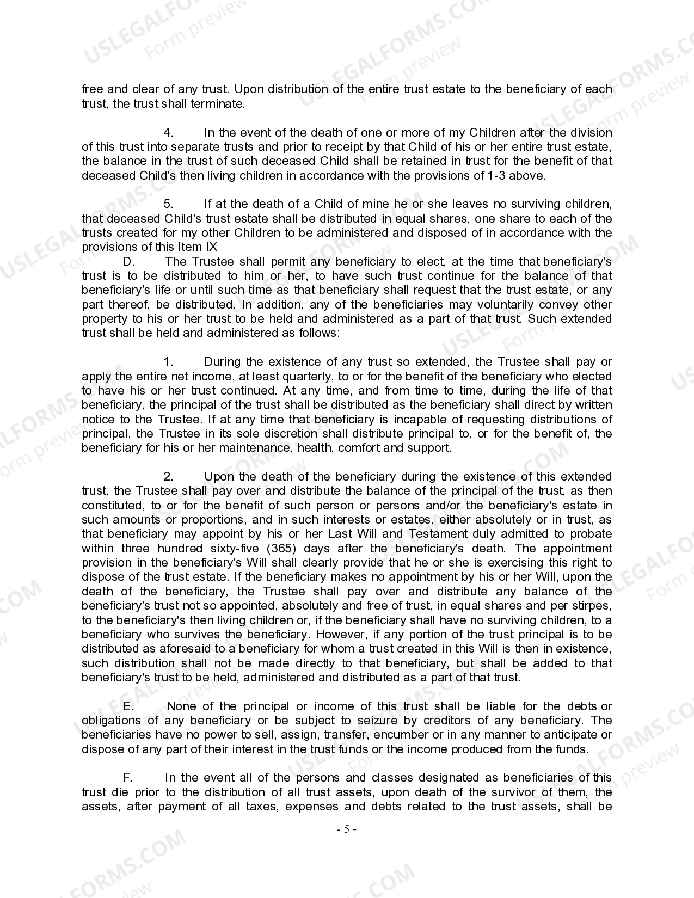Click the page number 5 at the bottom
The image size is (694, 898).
coord(347,829)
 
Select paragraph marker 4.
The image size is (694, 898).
coord(168,133)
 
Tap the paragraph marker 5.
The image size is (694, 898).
coord(168,204)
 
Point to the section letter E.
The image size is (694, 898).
coord(128,706)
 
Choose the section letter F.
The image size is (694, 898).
coord(128,778)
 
